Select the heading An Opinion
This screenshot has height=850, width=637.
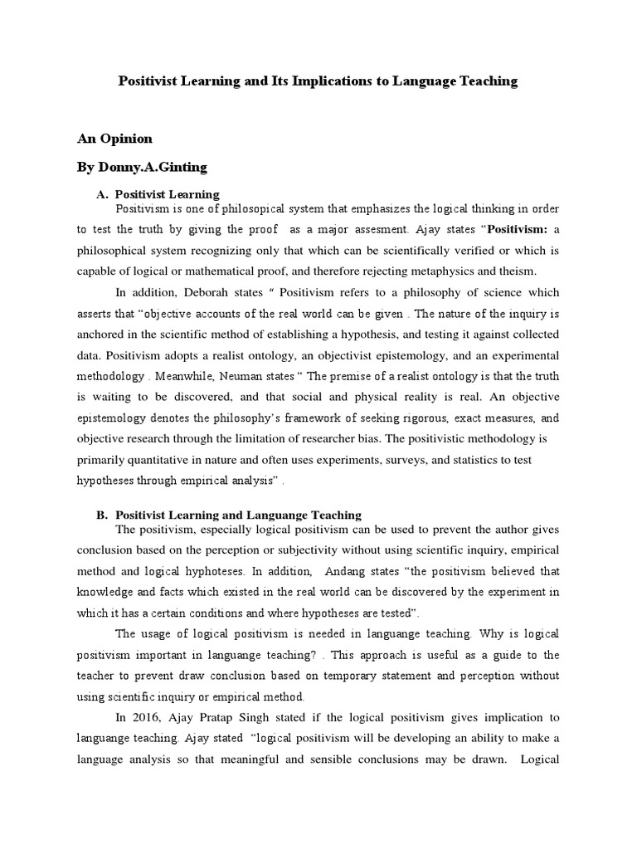(114, 139)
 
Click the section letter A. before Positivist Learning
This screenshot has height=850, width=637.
(104, 194)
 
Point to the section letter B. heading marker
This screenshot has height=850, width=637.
(103, 515)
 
